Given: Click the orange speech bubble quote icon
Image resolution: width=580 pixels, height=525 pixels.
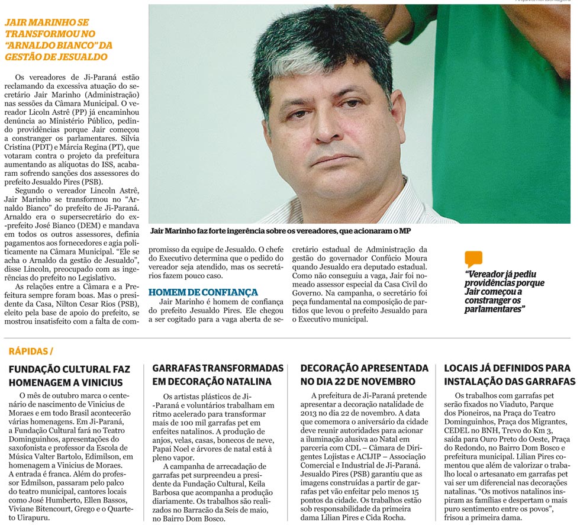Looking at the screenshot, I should pyautogui.click(x=473, y=259).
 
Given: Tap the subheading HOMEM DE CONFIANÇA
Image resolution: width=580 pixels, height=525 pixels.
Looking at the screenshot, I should pyautogui.click(x=203, y=292).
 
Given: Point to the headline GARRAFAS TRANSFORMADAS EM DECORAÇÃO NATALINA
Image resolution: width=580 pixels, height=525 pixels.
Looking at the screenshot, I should pyautogui.click(x=218, y=375).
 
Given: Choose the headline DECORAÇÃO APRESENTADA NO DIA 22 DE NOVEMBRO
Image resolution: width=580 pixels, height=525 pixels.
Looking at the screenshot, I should pyautogui.click(x=365, y=375).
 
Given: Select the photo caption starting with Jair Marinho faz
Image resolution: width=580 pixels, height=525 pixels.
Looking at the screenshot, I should pyautogui.click(x=281, y=230).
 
